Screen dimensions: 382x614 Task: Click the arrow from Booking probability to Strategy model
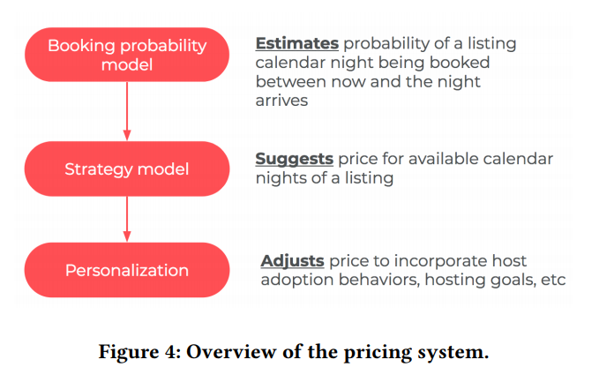pyautogui.click(x=127, y=111)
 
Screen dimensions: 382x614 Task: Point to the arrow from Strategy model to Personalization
pyautogui.click(x=127, y=219)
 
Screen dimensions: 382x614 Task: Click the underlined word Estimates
pyautogui.click(x=296, y=43)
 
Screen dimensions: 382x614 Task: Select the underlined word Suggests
pyautogui.click(x=294, y=159)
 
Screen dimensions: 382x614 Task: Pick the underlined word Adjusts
pyautogui.click(x=293, y=261)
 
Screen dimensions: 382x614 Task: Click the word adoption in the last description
pyautogui.click(x=296, y=281)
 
